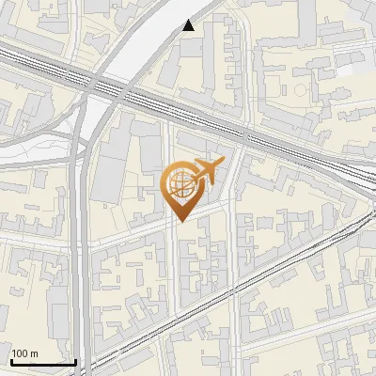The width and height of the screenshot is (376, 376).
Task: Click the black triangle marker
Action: pos(190,25)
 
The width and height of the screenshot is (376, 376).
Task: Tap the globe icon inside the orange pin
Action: pos(179,182)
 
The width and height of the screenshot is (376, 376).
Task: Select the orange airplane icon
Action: pos(207,172)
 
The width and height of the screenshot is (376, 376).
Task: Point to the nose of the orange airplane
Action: pos(222,164)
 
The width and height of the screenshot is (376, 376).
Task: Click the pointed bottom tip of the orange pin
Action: pos(180,222)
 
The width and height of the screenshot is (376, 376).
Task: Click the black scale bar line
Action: pos(43,362)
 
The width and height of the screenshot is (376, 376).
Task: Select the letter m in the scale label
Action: pos(35,353)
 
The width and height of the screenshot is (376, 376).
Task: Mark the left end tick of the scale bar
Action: pos(11,360)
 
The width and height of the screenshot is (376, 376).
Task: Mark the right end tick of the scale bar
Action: pos(75,360)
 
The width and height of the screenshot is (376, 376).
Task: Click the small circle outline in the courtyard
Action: pos(301,90)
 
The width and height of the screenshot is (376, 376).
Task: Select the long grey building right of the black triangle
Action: pos(216,56)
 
